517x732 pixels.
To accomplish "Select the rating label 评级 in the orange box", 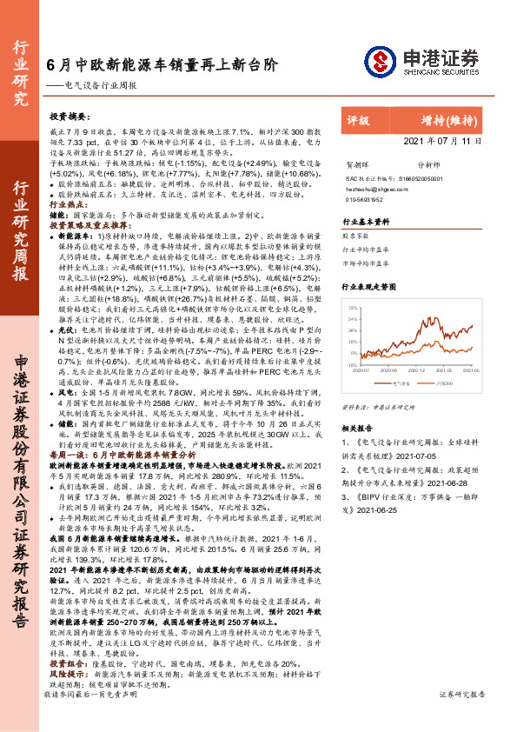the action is tap(358, 122).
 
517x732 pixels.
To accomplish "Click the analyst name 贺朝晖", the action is tap(358, 163).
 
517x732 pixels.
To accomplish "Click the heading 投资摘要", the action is tap(70, 116).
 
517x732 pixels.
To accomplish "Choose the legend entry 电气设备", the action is tap(404, 381).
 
